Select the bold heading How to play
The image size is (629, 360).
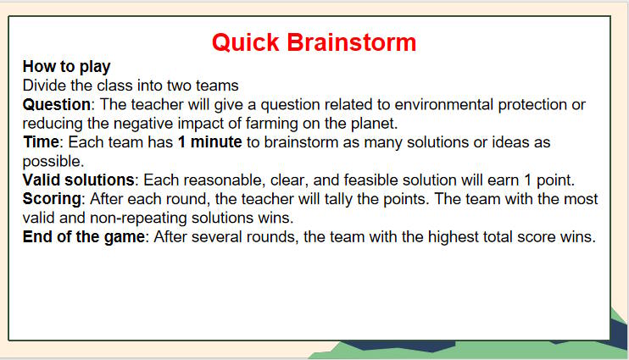click(66, 66)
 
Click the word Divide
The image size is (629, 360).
click(45, 85)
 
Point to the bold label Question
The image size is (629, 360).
click(56, 104)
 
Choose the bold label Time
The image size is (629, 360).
click(40, 142)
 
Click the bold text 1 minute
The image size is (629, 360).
click(209, 142)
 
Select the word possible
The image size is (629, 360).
click(52, 161)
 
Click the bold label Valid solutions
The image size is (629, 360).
click(78, 180)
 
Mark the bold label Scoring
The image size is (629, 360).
click(52, 199)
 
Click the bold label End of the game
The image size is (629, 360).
click(84, 237)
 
